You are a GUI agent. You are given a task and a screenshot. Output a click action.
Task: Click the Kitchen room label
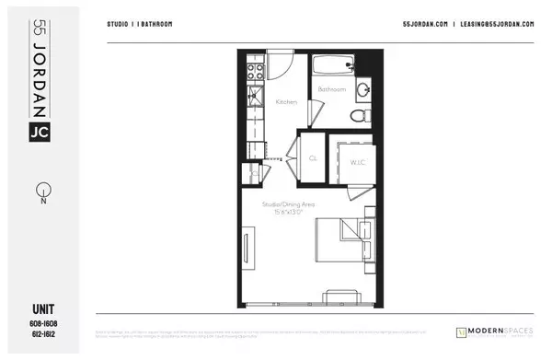point(286,102)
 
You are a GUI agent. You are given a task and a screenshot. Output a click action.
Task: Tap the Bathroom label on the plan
point(332,89)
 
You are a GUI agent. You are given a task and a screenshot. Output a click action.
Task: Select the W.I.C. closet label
point(358,163)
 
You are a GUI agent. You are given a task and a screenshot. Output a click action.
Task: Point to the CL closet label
point(313,158)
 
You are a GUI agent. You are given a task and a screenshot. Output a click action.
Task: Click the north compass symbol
point(41,192)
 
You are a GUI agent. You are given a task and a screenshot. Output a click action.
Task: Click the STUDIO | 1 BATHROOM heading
point(139,24)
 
